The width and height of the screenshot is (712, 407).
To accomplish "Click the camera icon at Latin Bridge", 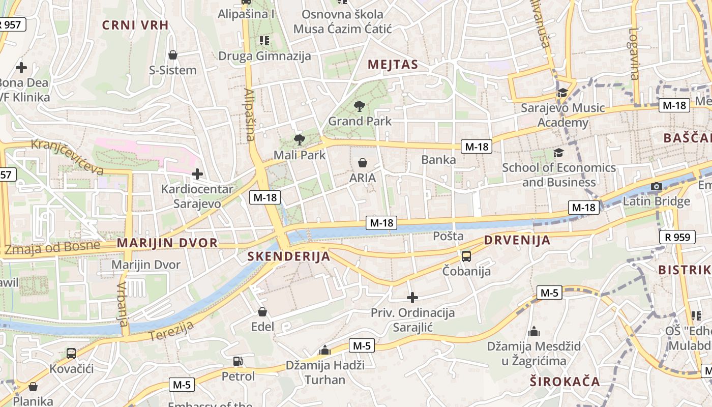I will [657, 186].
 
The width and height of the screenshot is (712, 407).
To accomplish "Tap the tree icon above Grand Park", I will [360, 106].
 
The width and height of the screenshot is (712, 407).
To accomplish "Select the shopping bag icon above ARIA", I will [363, 163].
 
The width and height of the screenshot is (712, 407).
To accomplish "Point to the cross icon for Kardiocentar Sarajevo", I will [197, 174].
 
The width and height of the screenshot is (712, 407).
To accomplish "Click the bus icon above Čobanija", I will [466, 256].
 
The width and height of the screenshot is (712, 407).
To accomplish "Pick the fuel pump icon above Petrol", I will [238, 361].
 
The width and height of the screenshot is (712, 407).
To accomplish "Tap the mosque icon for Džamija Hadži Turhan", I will [324, 350].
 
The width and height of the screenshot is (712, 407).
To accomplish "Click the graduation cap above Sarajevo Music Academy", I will [562, 93].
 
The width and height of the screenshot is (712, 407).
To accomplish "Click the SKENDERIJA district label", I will [289, 256].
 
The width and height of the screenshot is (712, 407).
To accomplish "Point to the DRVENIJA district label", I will [517, 240].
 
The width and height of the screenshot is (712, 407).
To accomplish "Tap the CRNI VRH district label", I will [135, 25].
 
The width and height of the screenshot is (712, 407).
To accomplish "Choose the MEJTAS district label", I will [393, 65].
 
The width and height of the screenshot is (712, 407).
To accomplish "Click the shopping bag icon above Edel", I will [262, 311].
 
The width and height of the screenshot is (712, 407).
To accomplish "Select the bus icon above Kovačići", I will [71, 353].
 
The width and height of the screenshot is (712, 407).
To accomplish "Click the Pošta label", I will [448, 236].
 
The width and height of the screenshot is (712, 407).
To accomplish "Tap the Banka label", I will [438, 160].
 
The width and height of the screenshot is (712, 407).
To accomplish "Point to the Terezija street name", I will [171, 331].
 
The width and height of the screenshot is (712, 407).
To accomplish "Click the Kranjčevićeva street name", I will [67, 156].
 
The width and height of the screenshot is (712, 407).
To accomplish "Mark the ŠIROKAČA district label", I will [565, 382].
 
